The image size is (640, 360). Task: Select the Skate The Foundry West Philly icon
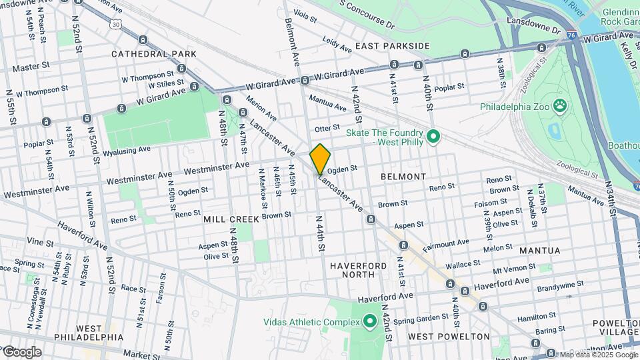click(x=433, y=137)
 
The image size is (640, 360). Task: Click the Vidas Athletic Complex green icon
click(x=371, y=322)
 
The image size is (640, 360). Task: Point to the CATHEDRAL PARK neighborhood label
click(x=154, y=53)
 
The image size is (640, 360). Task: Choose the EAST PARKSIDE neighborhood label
click(x=392, y=46)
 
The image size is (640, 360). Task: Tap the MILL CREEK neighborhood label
click(x=231, y=219)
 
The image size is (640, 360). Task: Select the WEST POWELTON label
click(x=448, y=337)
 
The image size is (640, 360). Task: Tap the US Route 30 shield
click(x=117, y=24)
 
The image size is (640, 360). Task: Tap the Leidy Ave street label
click(x=337, y=45)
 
